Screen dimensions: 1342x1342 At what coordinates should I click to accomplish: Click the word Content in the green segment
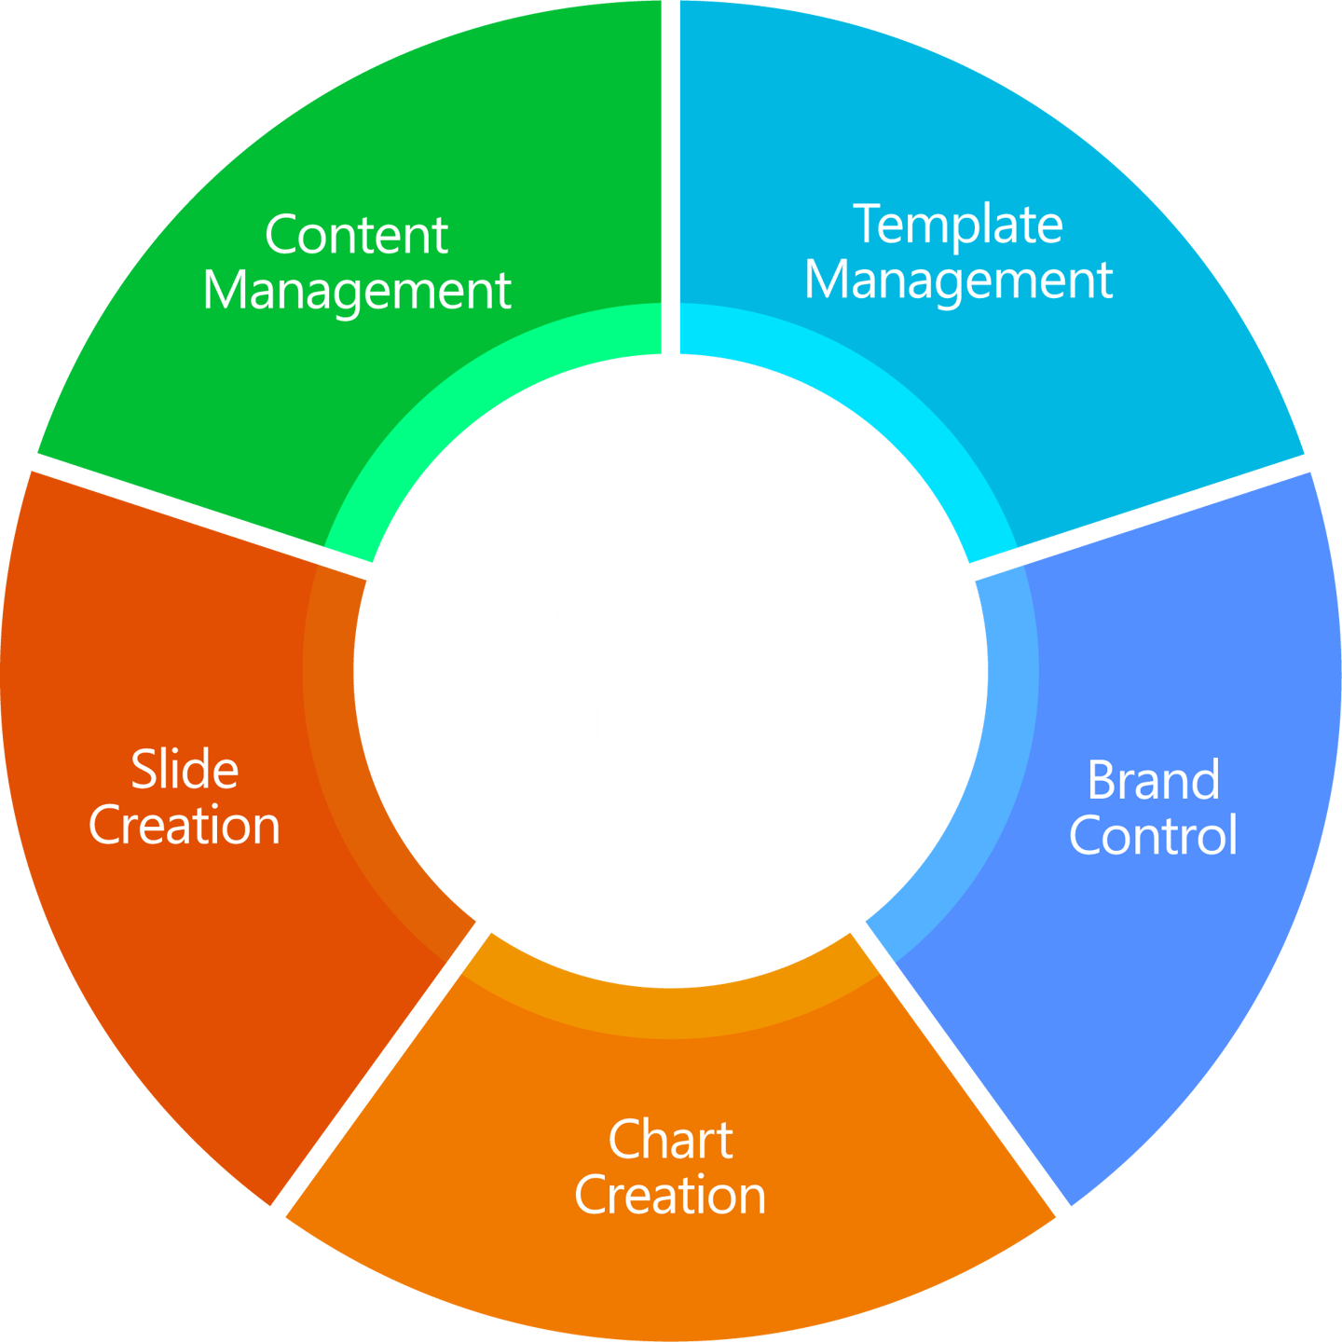click(356, 235)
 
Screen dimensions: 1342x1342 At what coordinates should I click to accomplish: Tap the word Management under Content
click(357, 291)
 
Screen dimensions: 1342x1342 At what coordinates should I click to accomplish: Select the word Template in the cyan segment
click(958, 226)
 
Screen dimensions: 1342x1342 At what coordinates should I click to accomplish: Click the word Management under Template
click(958, 280)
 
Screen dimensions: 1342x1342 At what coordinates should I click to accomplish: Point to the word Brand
click(1153, 780)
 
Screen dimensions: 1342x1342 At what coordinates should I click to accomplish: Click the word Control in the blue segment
click(1153, 835)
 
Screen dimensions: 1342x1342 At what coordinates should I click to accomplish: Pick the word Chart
click(670, 1140)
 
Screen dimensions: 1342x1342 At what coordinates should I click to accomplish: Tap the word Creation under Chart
click(670, 1195)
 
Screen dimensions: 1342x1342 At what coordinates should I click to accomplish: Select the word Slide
click(185, 770)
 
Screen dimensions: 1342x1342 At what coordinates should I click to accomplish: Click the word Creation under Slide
click(185, 826)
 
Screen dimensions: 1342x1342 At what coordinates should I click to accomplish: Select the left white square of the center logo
click(597, 647)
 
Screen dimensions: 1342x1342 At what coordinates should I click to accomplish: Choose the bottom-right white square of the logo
click(694, 744)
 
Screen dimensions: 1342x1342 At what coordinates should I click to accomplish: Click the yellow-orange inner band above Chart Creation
click(671, 1011)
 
